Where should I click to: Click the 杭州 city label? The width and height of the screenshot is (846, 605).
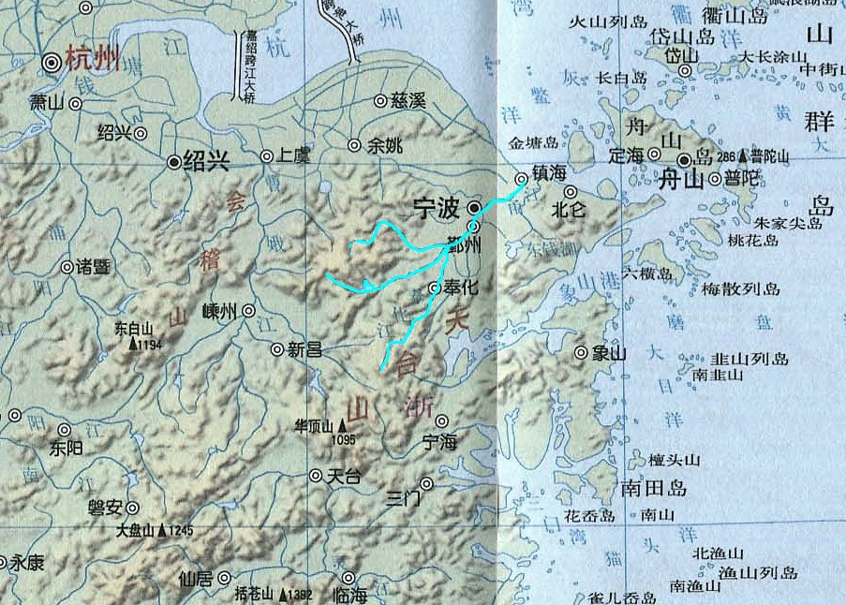pos(96,62)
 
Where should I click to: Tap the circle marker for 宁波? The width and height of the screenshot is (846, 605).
pos(475,207)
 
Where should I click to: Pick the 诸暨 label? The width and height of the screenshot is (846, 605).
pos(94,267)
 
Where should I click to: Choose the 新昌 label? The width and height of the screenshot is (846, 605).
pos(305,349)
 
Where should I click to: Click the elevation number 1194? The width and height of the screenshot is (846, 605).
pos(150,345)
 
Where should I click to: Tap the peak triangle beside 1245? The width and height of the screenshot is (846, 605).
pos(163,531)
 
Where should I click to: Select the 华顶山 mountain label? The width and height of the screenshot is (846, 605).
pos(315,426)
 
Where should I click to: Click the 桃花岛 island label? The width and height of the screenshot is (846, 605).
pos(752,240)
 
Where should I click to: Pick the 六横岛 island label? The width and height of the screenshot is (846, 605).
pos(647,274)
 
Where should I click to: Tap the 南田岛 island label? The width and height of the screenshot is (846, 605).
pos(654,488)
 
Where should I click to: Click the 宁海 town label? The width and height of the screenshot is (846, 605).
pos(439,441)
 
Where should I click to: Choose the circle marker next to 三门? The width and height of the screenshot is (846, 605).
pos(427,484)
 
